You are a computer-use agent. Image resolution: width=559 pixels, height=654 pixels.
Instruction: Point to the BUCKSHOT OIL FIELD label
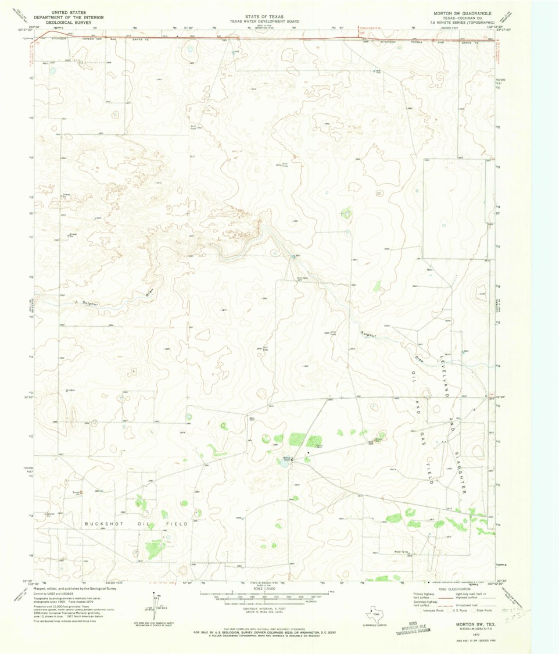[x=137, y=524]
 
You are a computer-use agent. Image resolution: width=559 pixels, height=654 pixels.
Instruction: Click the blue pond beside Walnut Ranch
[x=281, y=463]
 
